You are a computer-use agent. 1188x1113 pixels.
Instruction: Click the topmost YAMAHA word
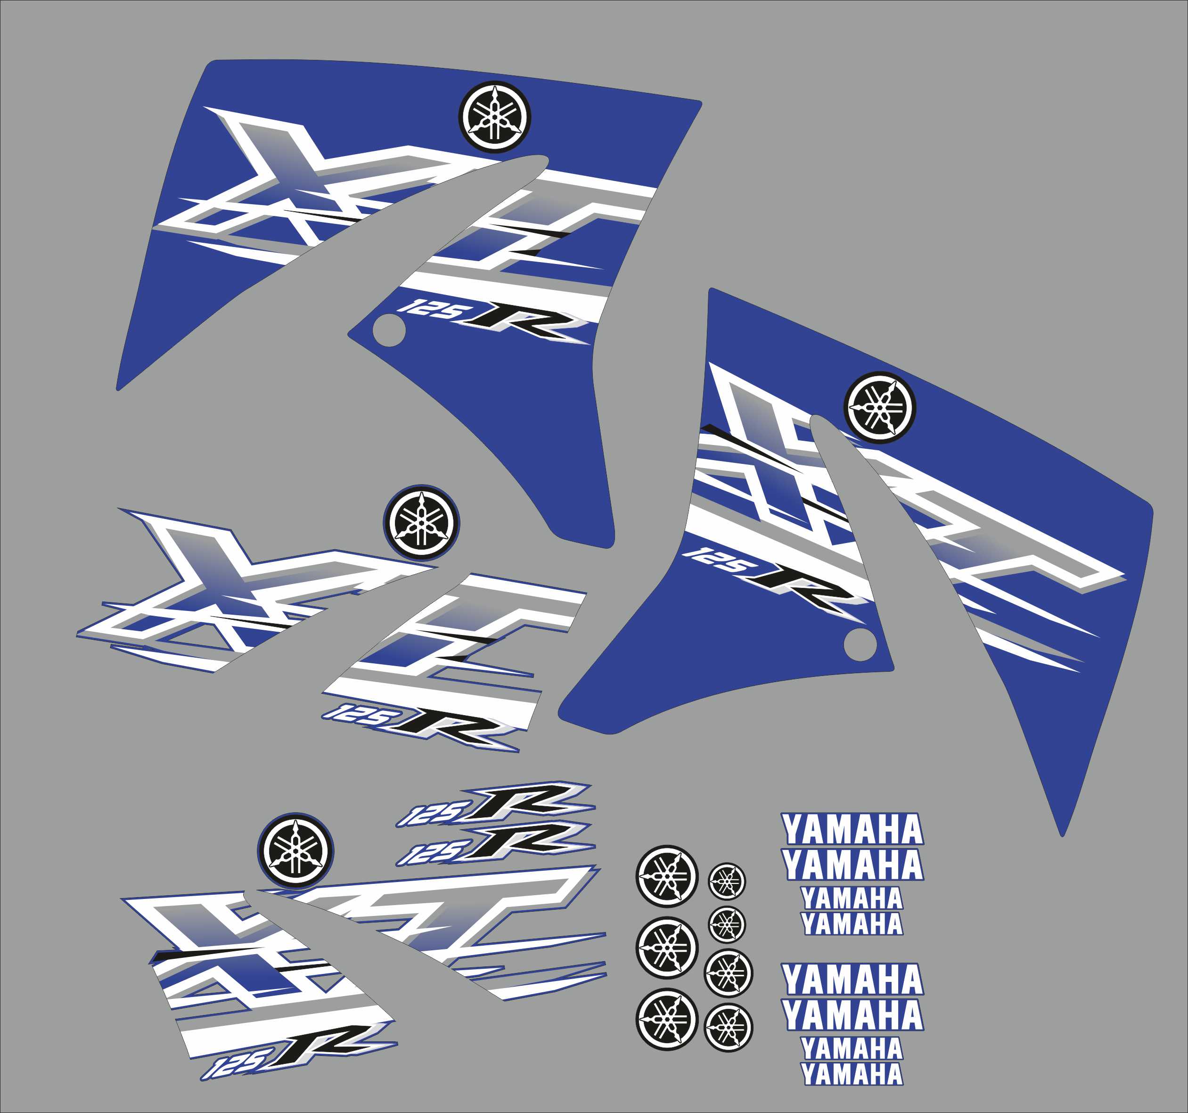pos(853,830)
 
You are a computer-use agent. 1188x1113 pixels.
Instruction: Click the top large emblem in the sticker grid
pos(666,876)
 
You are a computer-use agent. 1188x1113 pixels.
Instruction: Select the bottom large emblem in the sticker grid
pos(667,1020)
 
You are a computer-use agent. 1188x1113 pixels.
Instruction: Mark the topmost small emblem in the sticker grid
pos(727,881)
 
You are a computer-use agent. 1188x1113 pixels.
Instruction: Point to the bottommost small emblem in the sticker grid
pos(728,1028)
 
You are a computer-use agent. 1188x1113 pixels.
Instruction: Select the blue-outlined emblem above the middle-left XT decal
pos(421,522)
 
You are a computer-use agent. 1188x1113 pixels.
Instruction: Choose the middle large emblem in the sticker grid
pos(667,948)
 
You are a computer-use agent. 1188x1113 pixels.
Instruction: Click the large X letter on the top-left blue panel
pos(287,173)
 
